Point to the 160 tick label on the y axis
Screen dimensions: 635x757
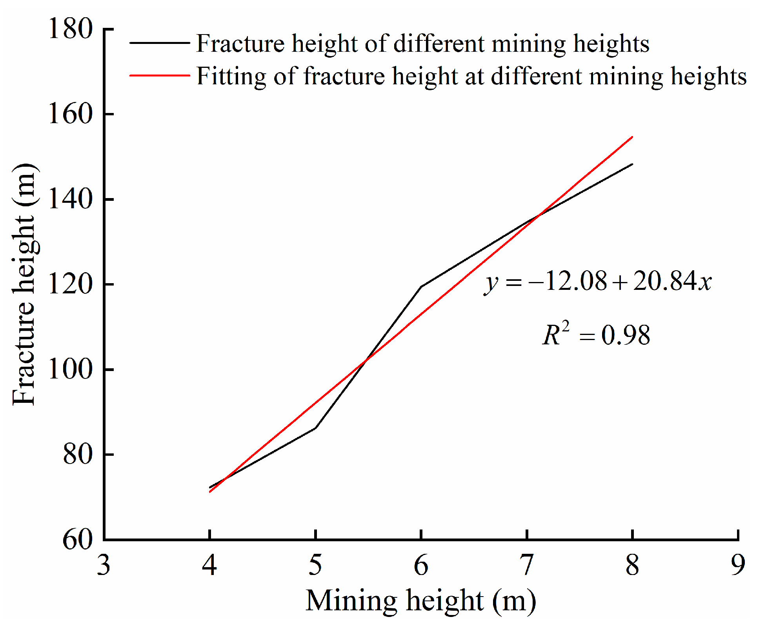(x=70, y=114)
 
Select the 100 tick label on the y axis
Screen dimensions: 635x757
(x=70, y=369)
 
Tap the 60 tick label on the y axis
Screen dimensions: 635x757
(x=78, y=540)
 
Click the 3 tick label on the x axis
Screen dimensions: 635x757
(x=104, y=566)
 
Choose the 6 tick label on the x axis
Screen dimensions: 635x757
(x=421, y=566)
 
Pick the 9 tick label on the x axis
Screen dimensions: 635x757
(x=738, y=566)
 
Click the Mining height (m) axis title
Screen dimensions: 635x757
(x=421, y=601)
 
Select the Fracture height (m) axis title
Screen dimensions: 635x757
(x=24, y=284)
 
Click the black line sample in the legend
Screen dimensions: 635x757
(x=160, y=43)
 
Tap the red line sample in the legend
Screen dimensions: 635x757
(x=160, y=75)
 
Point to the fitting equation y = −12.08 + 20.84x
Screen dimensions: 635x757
(x=597, y=282)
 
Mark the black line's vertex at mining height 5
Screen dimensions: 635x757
(x=315, y=428)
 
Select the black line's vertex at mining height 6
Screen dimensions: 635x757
(x=421, y=287)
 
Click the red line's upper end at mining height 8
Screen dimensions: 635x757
(x=632, y=137)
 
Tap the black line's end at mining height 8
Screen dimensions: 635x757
(x=632, y=164)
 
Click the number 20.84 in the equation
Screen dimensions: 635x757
(x=660, y=281)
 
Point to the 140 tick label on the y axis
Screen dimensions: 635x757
(x=70, y=199)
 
